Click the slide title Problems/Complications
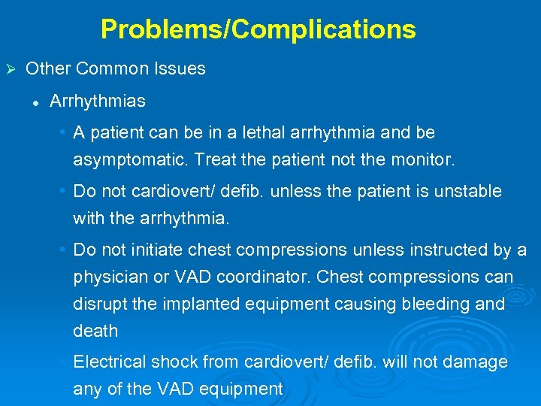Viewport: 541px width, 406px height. tap(258, 29)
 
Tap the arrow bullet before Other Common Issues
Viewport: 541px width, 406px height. tap(11, 69)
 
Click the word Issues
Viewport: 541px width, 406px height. tap(180, 68)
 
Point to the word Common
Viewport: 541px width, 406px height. tap(113, 68)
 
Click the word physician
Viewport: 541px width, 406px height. tap(107, 277)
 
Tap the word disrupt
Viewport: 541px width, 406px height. tap(98, 304)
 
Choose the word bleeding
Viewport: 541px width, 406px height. tap(428, 304)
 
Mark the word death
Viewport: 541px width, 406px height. tap(95, 331)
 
